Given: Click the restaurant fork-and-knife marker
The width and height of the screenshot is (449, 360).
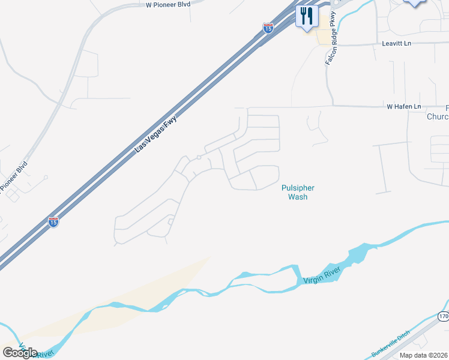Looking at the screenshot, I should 307,16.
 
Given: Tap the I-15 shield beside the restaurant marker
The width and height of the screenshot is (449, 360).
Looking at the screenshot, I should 268,27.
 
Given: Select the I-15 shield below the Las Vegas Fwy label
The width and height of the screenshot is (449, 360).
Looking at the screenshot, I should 53,221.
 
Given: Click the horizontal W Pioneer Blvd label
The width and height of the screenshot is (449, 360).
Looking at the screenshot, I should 167,4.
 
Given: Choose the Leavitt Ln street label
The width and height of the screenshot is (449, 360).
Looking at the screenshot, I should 397,44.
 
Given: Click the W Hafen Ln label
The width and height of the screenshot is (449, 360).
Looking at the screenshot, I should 404,107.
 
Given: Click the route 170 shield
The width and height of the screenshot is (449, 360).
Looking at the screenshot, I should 443,316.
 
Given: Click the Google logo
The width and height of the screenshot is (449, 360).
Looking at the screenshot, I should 20,352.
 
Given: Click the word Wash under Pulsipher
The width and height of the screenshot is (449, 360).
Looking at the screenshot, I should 298,196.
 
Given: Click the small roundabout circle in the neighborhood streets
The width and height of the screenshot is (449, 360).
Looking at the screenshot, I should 198,158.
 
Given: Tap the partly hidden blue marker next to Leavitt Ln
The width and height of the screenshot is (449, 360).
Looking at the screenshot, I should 415,2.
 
